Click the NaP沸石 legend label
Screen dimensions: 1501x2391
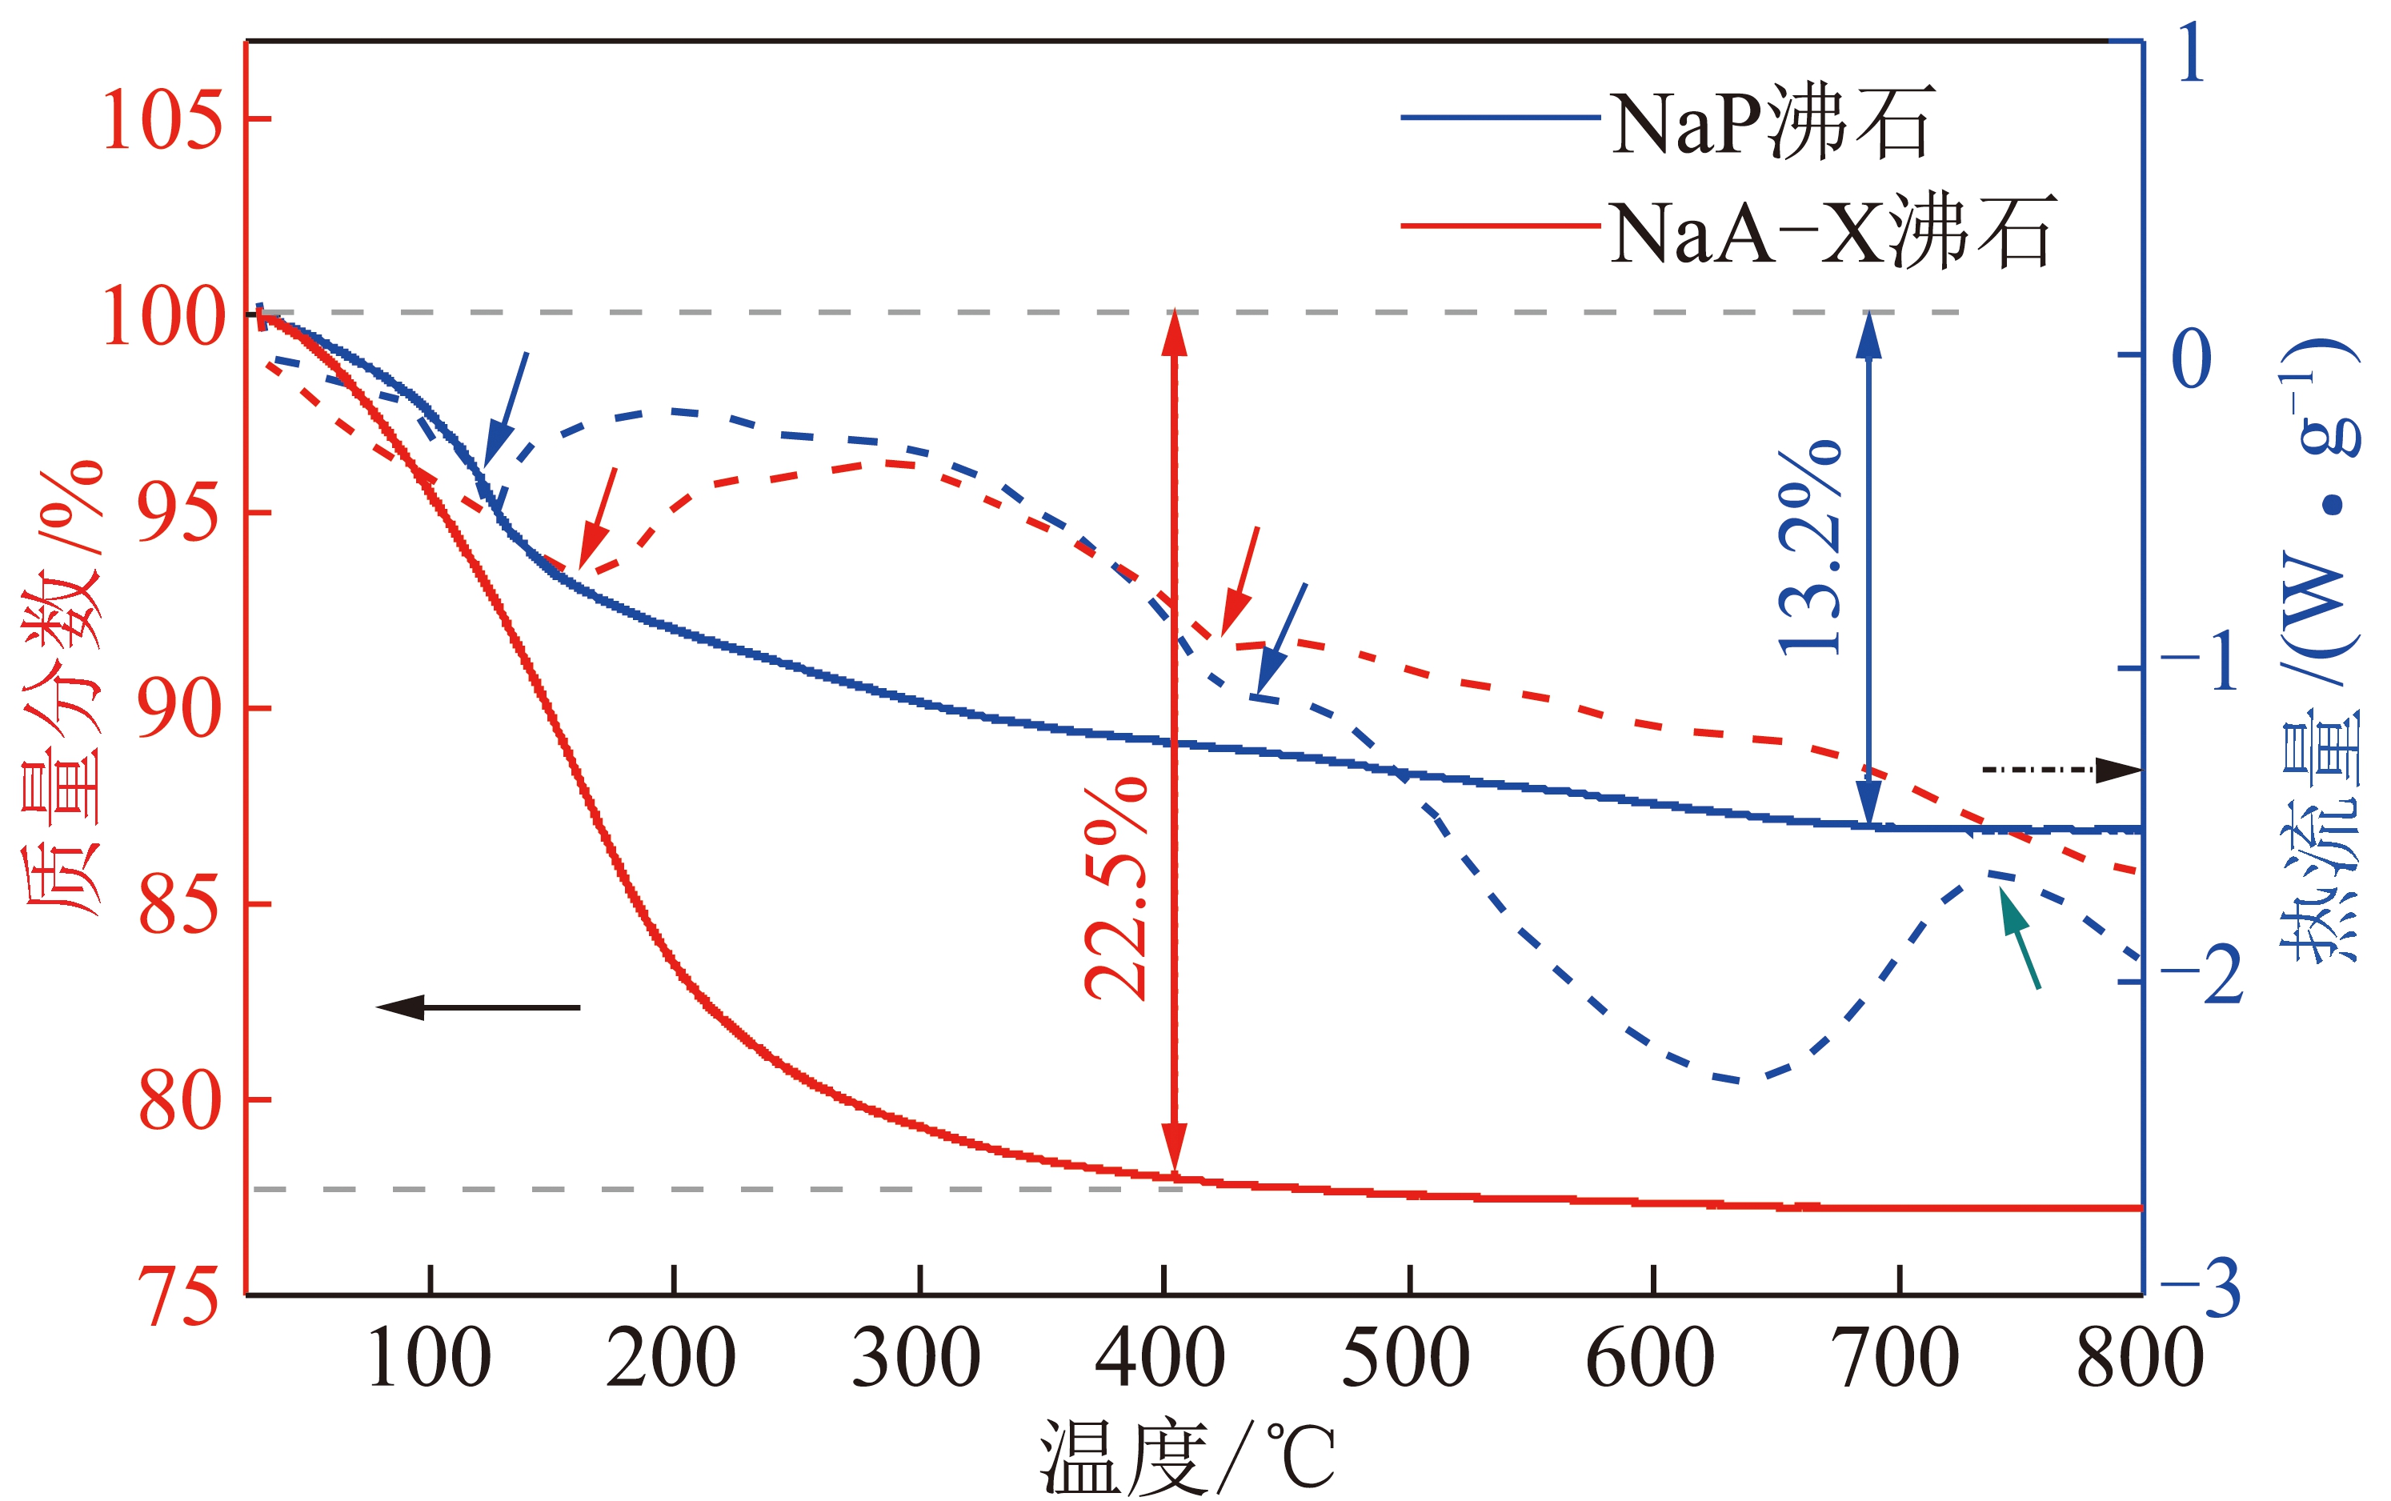point(1772,124)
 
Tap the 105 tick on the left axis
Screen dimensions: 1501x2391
point(162,120)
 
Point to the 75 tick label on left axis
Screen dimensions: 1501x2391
point(178,1296)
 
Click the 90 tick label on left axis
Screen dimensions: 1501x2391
point(178,709)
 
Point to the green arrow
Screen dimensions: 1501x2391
point(2019,937)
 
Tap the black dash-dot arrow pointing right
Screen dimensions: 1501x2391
point(2061,770)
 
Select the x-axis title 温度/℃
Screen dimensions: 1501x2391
point(1186,1456)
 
